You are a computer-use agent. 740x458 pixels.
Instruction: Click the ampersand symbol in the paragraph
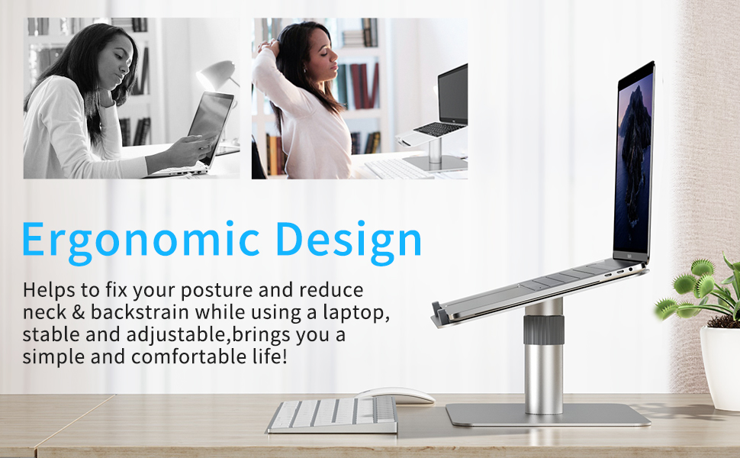tap(78, 312)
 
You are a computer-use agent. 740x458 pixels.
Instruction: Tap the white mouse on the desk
tap(395, 395)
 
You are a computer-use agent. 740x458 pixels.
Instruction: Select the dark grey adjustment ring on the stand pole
tap(544, 330)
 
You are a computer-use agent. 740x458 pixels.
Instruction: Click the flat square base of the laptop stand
tap(548, 414)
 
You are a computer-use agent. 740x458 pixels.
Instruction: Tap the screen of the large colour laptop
tap(633, 163)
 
